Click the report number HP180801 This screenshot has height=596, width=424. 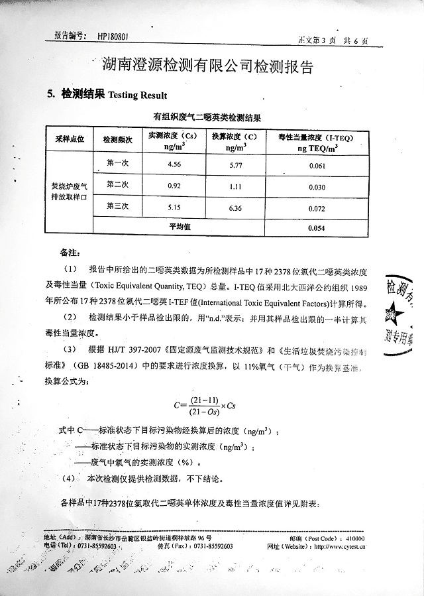tap(116, 37)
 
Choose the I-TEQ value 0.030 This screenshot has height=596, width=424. tap(317, 187)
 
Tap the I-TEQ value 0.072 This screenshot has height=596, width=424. tap(317, 209)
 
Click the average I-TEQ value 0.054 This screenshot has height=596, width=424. tap(317, 228)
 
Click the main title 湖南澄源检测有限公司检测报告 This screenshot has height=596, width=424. tap(207, 64)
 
